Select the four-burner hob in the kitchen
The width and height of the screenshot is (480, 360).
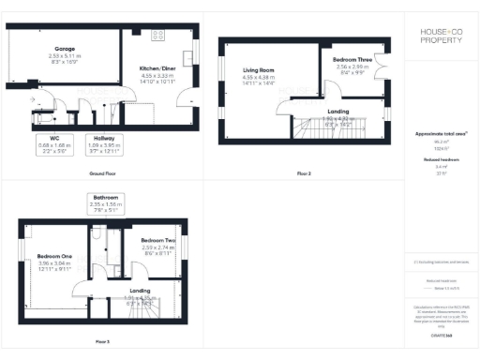[x=157, y=35]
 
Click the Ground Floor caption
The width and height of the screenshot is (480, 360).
[x=102, y=174]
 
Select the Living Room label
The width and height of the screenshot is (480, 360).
[x=258, y=70]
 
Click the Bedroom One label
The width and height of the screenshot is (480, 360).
[x=54, y=256]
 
